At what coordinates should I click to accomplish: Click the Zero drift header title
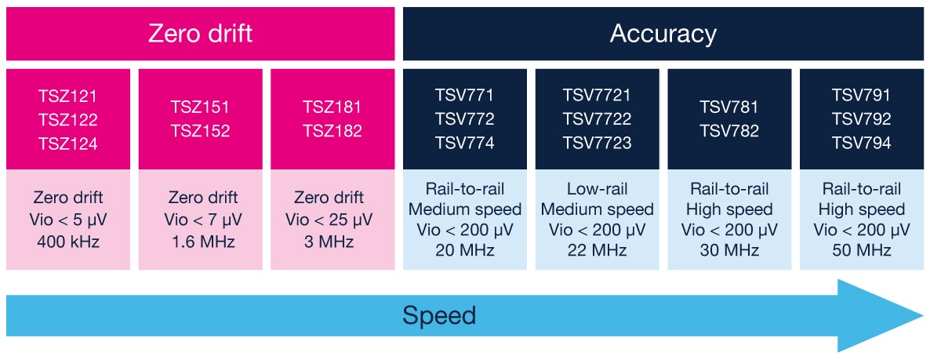click(x=201, y=34)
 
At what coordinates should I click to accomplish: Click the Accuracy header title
click(x=663, y=34)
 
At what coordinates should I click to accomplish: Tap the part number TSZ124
click(x=68, y=144)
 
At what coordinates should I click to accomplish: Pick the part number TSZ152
click(x=201, y=131)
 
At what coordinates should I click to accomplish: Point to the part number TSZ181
click(x=332, y=107)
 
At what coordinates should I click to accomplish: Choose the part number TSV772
click(x=465, y=120)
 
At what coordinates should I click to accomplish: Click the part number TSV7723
click(x=597, y=144)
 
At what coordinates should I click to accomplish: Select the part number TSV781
click(x=729, y=107)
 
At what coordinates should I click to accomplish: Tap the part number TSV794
click(x=861, y=144)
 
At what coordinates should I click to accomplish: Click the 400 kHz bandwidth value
click(x=68, y=241)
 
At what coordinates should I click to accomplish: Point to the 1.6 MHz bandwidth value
click(x=201, y=241)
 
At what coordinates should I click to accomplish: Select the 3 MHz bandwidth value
click(x=332, y=241)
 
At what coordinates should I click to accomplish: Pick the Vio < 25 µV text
click(x=332, y=219)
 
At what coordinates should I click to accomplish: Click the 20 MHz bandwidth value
click(x=465, y=250)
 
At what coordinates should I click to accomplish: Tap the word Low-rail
click(x=597, y=189)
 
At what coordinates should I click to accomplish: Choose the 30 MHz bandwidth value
click(x=729, y=250)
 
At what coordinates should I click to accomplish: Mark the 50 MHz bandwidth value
click(x=861, y=250)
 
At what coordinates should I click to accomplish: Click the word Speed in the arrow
click(x=439, y=315)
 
